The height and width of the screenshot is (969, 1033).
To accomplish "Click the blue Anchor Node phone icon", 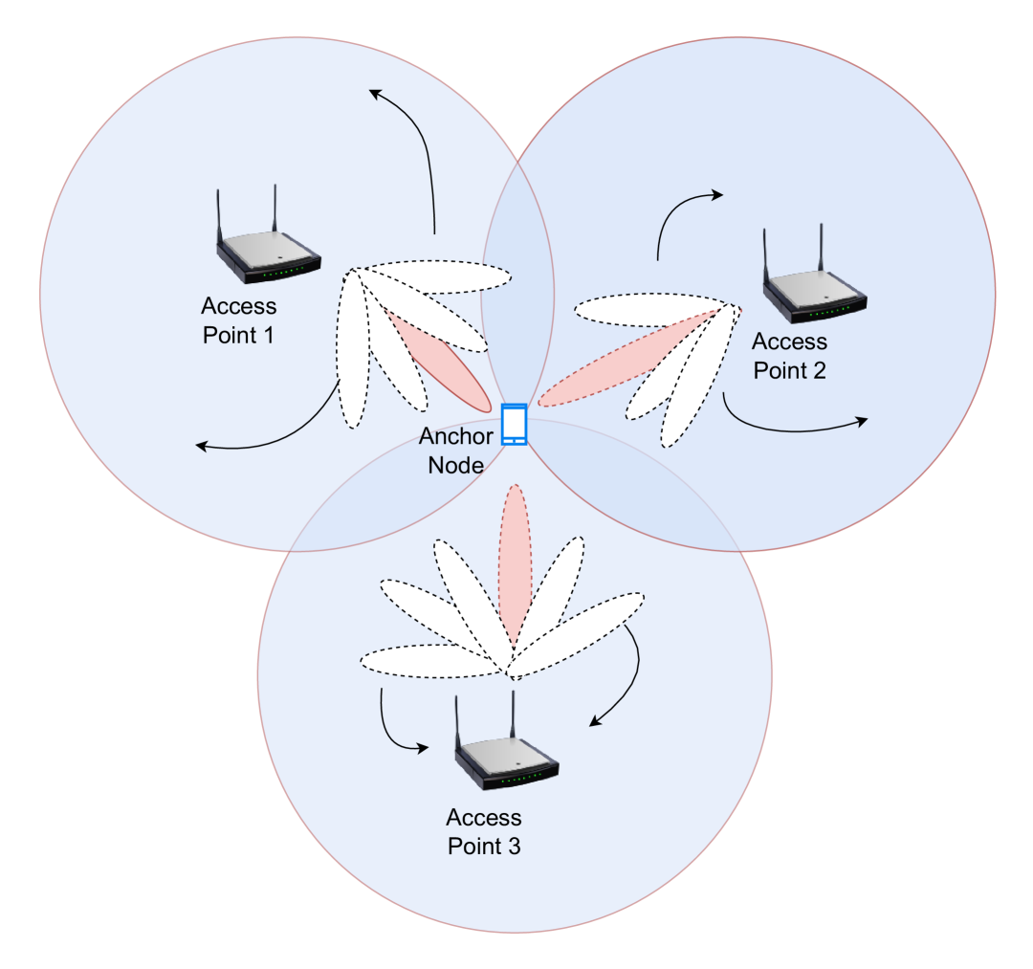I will click(515, 425).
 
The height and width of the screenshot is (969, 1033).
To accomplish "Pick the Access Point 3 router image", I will click(506, 760).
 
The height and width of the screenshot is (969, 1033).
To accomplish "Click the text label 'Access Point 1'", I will click(239, 321).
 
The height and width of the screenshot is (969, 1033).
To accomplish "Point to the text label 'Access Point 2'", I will click(789, 356).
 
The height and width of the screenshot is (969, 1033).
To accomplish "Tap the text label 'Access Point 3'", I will click(484, 832).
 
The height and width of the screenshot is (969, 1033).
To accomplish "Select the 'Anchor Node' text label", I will click(456, 451).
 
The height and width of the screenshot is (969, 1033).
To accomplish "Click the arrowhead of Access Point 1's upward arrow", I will click(375, 93).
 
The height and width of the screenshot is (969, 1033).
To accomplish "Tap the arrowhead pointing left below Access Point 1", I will click(201, 445).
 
